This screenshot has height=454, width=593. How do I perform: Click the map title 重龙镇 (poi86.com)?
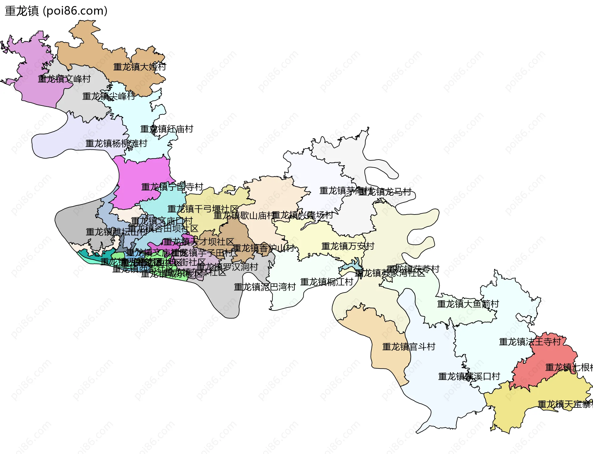(56, 11)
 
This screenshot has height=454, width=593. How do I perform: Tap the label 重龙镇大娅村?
(140, 67)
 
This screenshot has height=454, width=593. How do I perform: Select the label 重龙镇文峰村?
(64, 79)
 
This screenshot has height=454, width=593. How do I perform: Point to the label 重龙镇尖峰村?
(109, 96)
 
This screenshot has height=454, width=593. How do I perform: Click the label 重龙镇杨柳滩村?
(116, 144)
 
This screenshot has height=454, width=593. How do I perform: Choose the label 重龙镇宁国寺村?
(172, 187)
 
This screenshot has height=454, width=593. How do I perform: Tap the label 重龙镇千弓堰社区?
(203, 209)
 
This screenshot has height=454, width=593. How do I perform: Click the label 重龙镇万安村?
(348, 246)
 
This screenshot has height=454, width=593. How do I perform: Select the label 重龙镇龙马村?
(385, 192)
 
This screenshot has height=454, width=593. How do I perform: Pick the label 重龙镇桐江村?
(327, 282)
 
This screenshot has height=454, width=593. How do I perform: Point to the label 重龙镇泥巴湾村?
(265, 287)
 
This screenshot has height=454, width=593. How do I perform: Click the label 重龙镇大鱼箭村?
(468, 304)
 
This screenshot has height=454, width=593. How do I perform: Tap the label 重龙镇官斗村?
(409, 347)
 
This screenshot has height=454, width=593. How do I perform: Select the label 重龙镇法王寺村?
(530, 342)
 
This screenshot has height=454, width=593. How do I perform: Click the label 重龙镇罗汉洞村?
(227, 267)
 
